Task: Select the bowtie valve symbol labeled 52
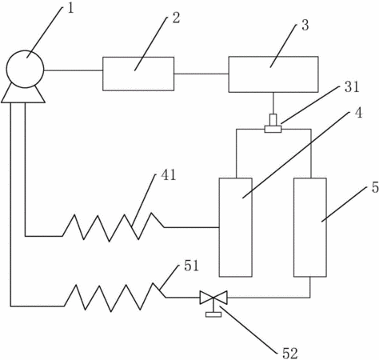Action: coord(213,298)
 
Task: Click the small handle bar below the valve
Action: coord(213,314)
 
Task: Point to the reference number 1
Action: coord(70,9)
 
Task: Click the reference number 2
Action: coord(176,18)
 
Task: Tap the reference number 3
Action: coord(305,25)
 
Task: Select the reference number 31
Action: coord(352,87)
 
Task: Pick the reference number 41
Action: coord(169,175)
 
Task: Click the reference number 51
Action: coord(191,266)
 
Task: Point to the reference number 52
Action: coord(289,354)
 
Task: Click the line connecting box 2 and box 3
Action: coord(201,74)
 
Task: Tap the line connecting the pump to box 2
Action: coord(74,70)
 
